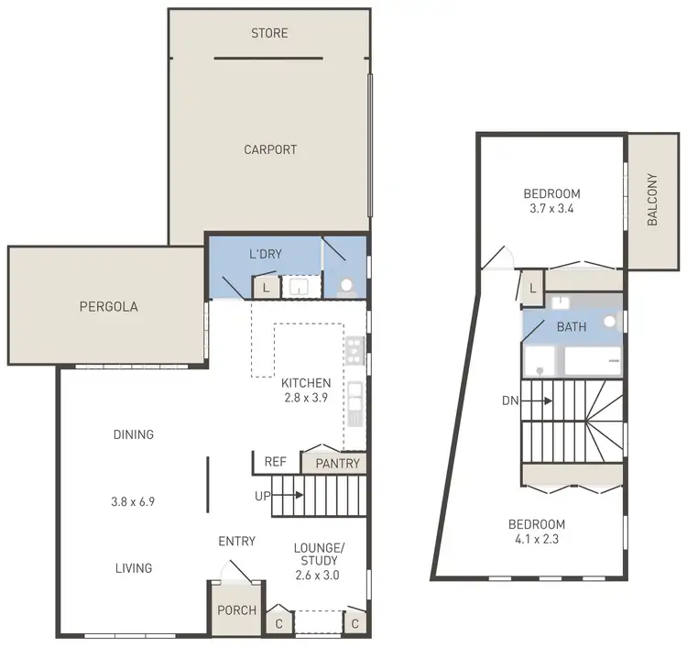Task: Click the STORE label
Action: click(x=269, y=33)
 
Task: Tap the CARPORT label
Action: click(x=270, y=149)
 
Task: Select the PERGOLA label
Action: click(x=108, y=307)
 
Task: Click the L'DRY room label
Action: click(x=266, y=254)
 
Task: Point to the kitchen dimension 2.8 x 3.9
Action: click(x=305, y=398)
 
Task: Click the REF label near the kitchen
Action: click(x=275, y=463)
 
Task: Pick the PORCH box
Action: click(x=235, y=610)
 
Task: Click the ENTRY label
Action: click(x=236, y=542)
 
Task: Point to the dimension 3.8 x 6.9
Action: click(x=134, y=501)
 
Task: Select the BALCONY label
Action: click(x=652, y=200)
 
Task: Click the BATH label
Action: click(x=571, y=326)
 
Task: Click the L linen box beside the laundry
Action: click(x=266, y=288)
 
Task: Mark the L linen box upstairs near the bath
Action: click(x=533, y=288)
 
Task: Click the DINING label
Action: click(x=134, y=434)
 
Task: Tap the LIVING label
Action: click(x=134, y=568)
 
